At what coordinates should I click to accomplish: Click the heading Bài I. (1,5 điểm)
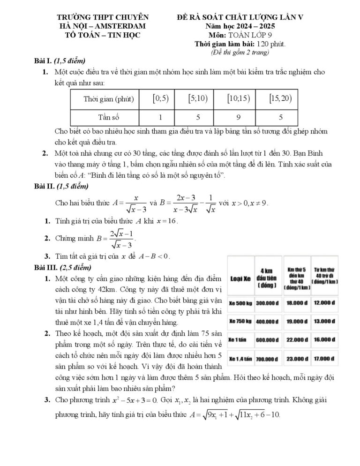click(x=60, y=61)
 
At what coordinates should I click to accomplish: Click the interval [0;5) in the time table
click(x=160, y=98)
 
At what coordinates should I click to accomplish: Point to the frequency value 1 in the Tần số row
click(x=160, y=117)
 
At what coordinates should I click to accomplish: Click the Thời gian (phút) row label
click(x=108, y=99)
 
